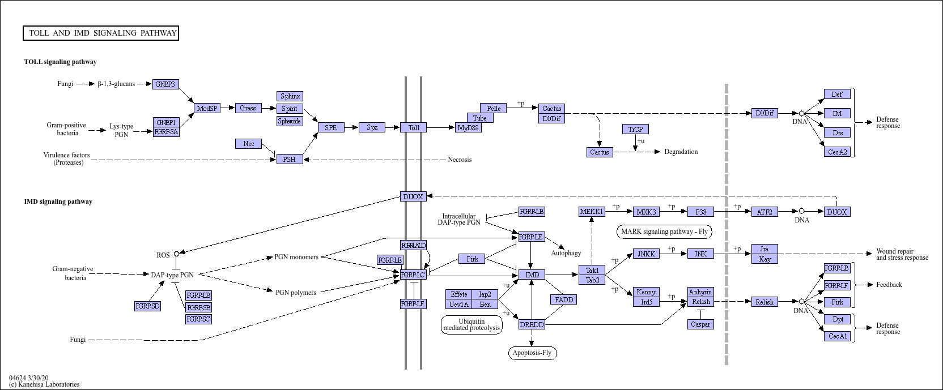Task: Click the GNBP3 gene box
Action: (166, 84)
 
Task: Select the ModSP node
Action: (207, 108)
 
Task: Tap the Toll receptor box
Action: (414, 127)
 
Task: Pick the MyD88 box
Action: (469, 128)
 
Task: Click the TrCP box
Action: (635, 129)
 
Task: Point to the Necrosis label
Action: (460, 160)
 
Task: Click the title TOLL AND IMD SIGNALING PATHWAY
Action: (101, 33)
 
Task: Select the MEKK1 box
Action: (592, 212)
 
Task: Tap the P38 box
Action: (700, 212)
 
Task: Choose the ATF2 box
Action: (764, 212)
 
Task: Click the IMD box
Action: (532, 275)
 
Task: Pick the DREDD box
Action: (532, 324)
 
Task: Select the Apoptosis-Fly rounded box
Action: (532, 353)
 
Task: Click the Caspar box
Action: (700, 324)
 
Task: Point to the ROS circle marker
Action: (176, 254)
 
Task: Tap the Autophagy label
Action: (566, 254)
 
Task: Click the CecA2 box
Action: (837, 152)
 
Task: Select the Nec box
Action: (249, 144)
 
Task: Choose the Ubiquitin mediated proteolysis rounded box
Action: (471, 324)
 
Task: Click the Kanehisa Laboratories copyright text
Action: (44, 384)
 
